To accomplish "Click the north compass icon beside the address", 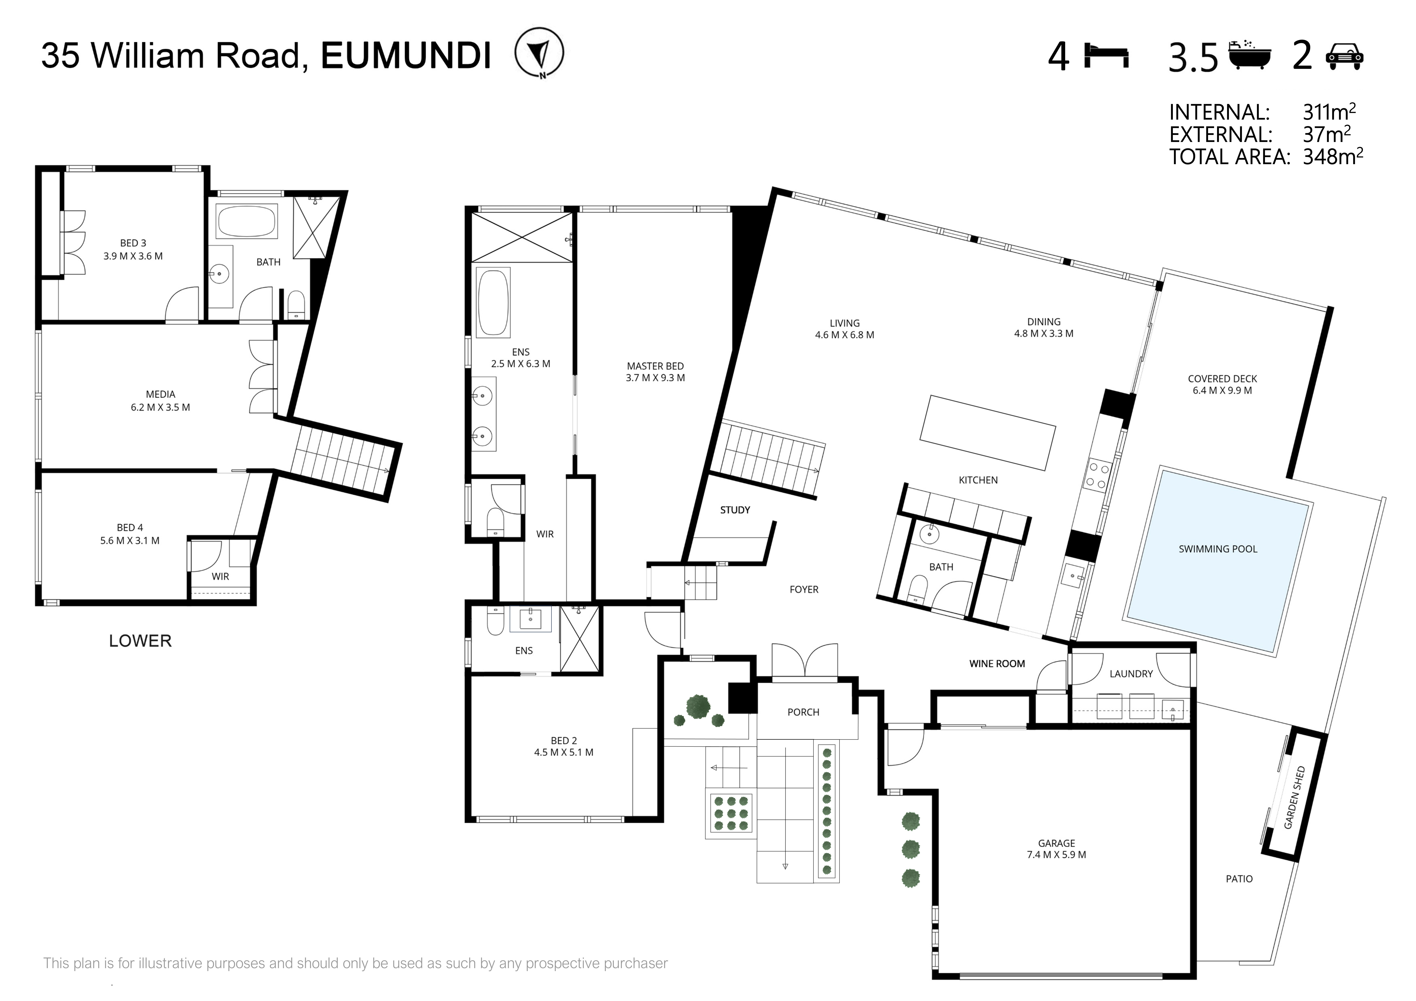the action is tap(539, 53).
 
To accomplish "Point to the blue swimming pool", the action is tap(1218, 560).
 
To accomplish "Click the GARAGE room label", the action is tap(1056, 843).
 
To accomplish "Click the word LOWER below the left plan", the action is tap(140, 641).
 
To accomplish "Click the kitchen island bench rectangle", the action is tap(987, 432).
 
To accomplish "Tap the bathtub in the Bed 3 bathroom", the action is tap(246, 221).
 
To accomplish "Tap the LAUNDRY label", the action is tap(1131, 674).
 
